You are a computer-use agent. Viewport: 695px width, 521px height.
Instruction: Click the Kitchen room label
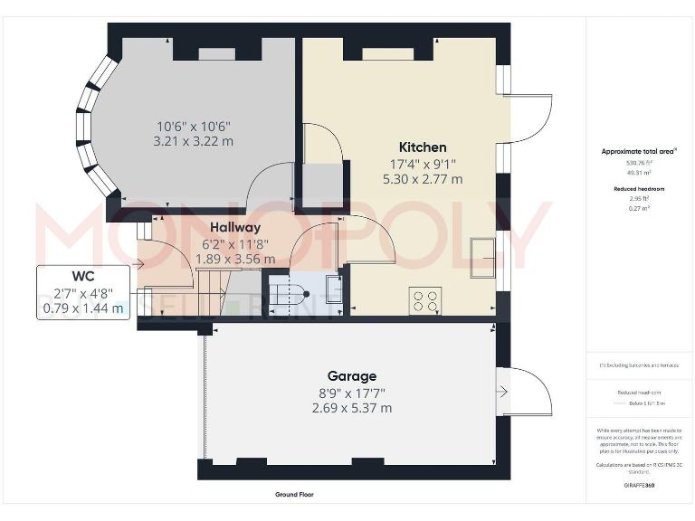[x=423, y=147]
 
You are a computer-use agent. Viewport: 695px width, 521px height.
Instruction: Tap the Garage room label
[x=352, y=376]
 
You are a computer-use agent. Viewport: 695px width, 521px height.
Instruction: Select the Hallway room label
[x=235, y=228]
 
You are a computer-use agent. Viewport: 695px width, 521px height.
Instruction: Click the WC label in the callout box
[x=84, y=275]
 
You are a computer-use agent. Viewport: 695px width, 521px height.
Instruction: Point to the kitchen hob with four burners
[x=426, y=299]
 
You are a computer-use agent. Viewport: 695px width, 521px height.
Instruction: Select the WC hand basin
[x=332, y=290]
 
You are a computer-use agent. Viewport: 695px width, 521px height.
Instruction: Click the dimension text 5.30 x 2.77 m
[x=422, y=179]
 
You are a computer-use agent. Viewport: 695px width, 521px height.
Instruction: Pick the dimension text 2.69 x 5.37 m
[x=352, y=408]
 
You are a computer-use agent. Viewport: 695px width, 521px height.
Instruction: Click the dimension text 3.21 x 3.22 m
[x=195, y=141]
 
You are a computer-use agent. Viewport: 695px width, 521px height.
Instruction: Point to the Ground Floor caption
[x=294, y=495]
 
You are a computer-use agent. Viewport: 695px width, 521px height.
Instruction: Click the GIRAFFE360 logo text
[x=639, y=486]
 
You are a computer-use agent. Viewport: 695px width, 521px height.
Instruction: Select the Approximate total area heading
[x=639, y=151]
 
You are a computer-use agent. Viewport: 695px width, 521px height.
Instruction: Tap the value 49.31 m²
[x=639, y=171]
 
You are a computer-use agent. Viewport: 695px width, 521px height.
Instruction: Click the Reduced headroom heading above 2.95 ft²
[x=639, y=188]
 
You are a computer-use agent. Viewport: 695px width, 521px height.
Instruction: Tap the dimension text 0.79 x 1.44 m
[x=84, y=308]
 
